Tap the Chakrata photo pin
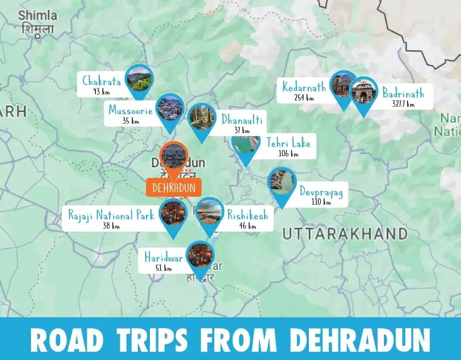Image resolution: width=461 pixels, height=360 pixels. [x=139, y=78]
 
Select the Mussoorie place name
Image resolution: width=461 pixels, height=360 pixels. [x=130, y=111]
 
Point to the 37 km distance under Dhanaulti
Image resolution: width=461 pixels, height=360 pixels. [x=242, y=130]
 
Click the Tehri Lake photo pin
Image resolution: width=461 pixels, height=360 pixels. [x=246, y=144]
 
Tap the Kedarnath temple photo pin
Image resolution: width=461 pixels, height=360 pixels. [x=343, y=86]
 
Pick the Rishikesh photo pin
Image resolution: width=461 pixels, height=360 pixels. [x=210, y=213]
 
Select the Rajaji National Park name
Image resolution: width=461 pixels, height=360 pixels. [x=111, y=215]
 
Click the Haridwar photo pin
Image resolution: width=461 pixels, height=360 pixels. [x=200, y=256]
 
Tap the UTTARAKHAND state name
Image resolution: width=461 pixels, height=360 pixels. [x=345, y=234]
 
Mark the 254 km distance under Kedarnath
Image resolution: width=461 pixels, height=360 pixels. [x=304, y=98]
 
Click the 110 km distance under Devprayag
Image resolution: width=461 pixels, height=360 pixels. [x=321, y=201]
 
